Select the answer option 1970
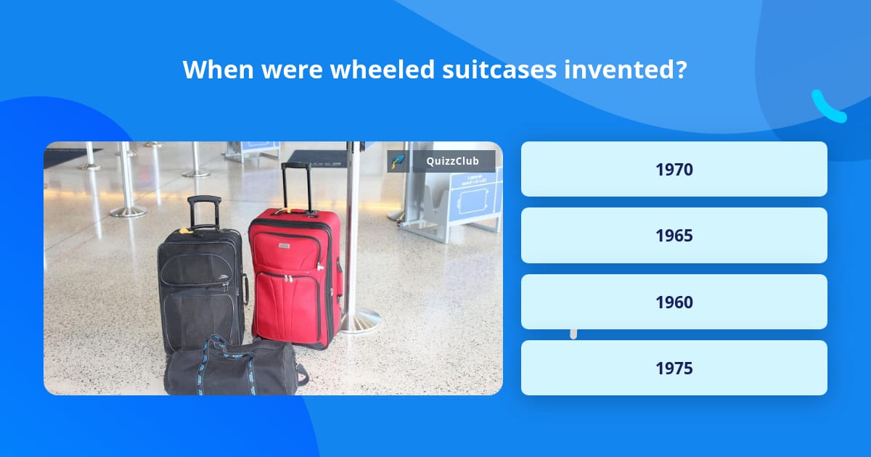pyautogui.click(x=674, y=169)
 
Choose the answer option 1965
pyautogui.click(x=674, y=236)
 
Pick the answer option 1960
pyautogui.click(x=674, y=302)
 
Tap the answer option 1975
pyautogui.click(x=674, y=369)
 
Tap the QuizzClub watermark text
pyautogui.click(x=452, y=161)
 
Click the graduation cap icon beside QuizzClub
pyautogui.click(x=398, y=161)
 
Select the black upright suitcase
pyautogui.click(x=200, y=287)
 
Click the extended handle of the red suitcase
pyautogui.click(x=297, y=185)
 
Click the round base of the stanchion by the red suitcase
pyautogui.click(x=360, y=319)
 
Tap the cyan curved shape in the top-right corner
pyautogui.click(x=827, y=107)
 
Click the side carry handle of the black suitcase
pyautogui.click(x=245, y=289)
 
